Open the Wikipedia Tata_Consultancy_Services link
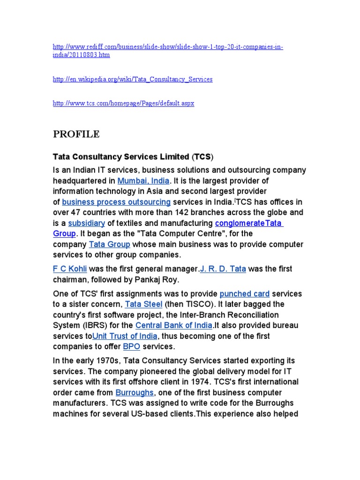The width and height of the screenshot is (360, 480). coord(133,79)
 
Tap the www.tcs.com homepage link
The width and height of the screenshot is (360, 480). coord(123,103)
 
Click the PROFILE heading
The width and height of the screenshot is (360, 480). coord(76,135)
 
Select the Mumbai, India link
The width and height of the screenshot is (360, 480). coord(144,180)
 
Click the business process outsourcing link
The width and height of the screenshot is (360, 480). coord(116,202)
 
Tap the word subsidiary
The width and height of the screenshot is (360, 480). coord(86,223)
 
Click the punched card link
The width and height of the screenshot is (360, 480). coord(245,294)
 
